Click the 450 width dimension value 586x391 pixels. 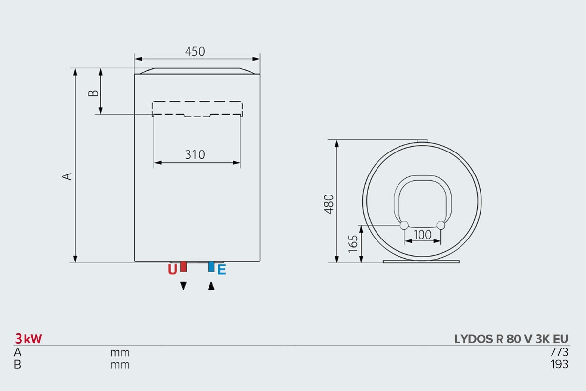195,52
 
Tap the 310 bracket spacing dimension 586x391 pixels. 195,154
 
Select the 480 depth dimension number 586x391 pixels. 329,204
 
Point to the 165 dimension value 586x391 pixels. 353,244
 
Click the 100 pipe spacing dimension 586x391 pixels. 422,235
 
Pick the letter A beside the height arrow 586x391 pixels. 67,176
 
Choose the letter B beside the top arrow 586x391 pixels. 93,93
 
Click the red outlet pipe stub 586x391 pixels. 184,266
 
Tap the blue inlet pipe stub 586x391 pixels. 211,266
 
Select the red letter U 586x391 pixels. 172,269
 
